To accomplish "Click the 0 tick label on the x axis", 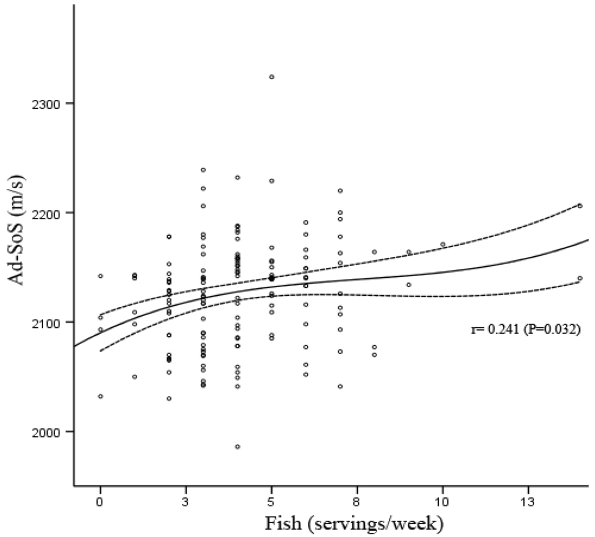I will [x=100, y=500].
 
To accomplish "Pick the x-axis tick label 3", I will [x=186, y=500].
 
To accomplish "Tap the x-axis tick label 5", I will [x=271, y=500].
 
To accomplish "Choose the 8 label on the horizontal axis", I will [x=357, y=500].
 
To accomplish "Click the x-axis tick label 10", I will [x=443, y=500].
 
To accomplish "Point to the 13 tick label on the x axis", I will [x=528, y=500].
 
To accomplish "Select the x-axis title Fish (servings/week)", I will [x=354, y=524].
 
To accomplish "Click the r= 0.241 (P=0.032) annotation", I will [x=525, y=330].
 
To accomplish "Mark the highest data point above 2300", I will [x=271, y=77].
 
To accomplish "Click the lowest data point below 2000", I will [x=238, y=446].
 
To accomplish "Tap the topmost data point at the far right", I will [x=580, y=206].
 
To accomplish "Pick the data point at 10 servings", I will [x=443, y=245].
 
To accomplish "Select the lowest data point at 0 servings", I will [x=101, y=396].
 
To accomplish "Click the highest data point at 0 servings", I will [x=101, y=276].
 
